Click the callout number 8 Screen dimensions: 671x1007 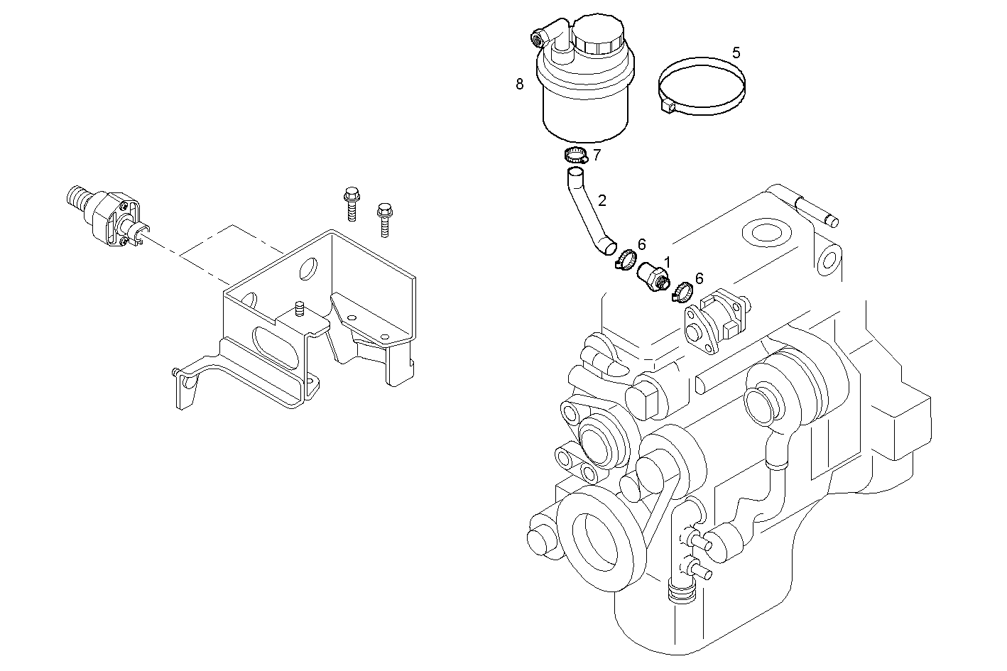pos(520,84)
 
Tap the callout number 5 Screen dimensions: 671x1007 pos(736,53)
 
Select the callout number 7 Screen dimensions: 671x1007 pos(597,154)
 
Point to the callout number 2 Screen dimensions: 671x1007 pos(602,200)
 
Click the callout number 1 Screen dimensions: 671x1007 pos(667,262)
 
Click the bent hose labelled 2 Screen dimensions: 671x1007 pos(587,210)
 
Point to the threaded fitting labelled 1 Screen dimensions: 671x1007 pos(653,276)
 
